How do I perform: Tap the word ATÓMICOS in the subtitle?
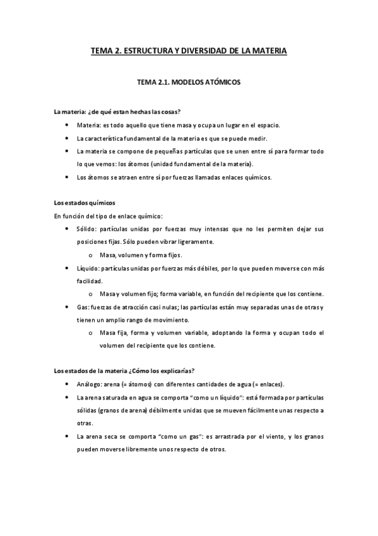coord(218,82)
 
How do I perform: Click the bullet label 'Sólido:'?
coord(86,228)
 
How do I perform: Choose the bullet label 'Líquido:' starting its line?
coord(88,268)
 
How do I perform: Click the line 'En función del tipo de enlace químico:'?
coord(109,216)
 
